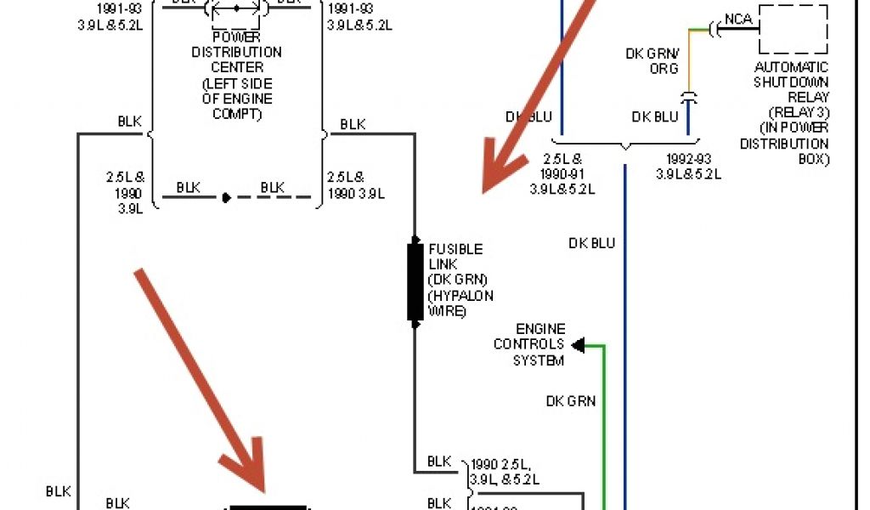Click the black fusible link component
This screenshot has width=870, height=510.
pyautogui.click(x=415, y=282)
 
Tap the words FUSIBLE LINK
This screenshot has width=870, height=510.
pyautogui.click(x=455, y=257)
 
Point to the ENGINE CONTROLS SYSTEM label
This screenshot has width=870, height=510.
pyautogui.click(x=528, y=344)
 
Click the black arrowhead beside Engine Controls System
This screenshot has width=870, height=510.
pyautogui.click(x=578, y=345)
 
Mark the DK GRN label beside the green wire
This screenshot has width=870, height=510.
pyautogui.click(x=570, y=400)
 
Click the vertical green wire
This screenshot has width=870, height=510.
pyautogui.click(x=604, y=425)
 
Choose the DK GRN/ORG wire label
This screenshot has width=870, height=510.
pyautogui.click(x=652, y=61)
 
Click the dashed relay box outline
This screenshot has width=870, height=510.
pyautogui.click(x=794, y=30)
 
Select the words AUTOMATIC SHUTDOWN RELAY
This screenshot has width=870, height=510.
pyautogui.click(x=791, y=82)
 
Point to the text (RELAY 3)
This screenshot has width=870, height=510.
pyautogui.click(x=799, y=112)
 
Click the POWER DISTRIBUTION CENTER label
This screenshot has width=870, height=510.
pyautogui.click(x=236, y=52)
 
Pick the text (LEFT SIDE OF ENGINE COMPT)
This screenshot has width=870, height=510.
pyautogui.click(x=236, y=99)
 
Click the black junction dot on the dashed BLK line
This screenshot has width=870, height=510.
pyautogui.click(x=226, y=197)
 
